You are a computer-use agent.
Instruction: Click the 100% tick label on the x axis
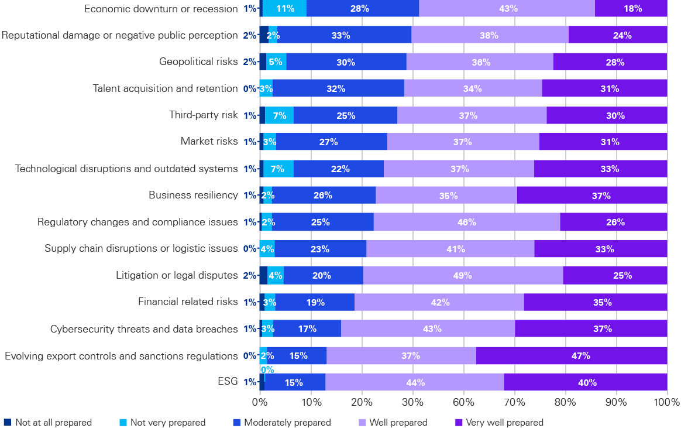pyautogui.click(x=667, y=403)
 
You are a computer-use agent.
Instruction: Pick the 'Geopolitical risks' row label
pyautogui.click(x=198, y=61)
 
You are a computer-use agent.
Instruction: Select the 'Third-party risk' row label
pyautogui.click(x=203, y=115)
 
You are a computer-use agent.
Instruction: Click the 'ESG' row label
pyautogui.click(x=228, y=382)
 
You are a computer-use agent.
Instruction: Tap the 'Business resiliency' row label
pyautogui.click(x=193, y=195)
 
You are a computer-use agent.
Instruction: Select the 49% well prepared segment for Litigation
pyautogui.click(x=463, y=275)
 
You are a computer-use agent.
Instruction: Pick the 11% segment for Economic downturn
pyautogui.click(x=285, y=8)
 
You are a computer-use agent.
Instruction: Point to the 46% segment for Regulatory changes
pyautogui.click(x=467, y=222)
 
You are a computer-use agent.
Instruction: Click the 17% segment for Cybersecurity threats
pyautogui.click(x=307, y=328)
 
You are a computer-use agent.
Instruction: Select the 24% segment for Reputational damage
pyautogui.click(x=618, y=35)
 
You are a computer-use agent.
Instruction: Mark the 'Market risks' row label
pyautogui.click(x=209, y=142)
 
